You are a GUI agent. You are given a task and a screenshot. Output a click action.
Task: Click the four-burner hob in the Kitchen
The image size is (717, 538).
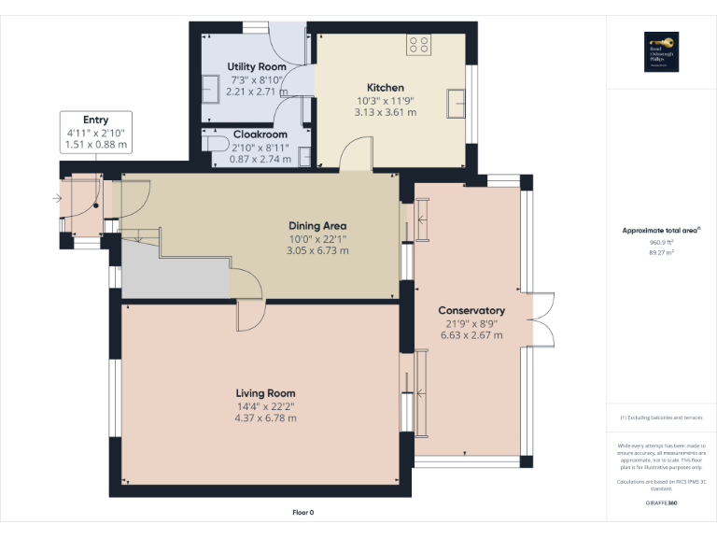(x=419, y=44)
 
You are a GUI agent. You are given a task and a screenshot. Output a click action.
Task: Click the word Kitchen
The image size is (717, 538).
(x=385, y=88)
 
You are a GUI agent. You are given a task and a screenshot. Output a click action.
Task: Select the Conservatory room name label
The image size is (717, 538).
(x=471, y=310)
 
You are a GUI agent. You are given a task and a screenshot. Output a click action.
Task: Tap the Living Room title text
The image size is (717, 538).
(x=265, y=393)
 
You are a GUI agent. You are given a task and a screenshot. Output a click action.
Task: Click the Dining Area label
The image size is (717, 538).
(x=316, y=225)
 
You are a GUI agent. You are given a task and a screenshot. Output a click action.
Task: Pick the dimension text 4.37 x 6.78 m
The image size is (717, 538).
(x=265, y=418)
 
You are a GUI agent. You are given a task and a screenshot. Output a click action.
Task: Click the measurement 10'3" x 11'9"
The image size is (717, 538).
(x=385, y=100)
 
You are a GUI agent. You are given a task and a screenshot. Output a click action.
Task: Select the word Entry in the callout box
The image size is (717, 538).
(x=95, y=120)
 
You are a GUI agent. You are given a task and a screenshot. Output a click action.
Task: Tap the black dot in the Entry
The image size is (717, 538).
(x=95, y=206)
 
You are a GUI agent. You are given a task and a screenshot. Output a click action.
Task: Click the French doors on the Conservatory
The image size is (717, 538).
(x=544, y=319)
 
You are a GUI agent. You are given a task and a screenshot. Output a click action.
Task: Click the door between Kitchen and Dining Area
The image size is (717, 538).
(x=355, y=157)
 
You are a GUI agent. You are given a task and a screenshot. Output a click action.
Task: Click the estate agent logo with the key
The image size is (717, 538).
(x=661, y=50)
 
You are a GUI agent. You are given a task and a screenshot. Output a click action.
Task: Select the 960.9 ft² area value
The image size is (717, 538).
(x=661, y=242)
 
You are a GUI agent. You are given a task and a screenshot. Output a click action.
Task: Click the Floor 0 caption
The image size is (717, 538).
(x=303, y=513)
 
